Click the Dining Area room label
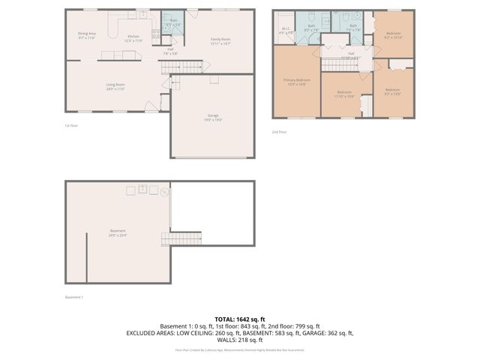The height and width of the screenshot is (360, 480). (87, 34)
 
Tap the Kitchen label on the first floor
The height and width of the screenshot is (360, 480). (133, 37)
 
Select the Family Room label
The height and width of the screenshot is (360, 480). (220, 40)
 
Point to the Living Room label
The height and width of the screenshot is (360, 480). (115, 86)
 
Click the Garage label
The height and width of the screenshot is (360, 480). (213, 117)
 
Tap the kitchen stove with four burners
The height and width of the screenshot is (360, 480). (155, 34)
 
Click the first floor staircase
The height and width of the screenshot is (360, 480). (183, 67)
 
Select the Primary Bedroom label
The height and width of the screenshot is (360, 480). (296, 81)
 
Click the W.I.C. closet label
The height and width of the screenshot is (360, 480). (286, 31)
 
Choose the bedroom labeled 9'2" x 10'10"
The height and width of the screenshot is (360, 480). (393, 34)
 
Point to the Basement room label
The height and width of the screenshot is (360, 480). (118, 232)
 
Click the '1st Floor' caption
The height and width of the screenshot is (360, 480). (71, 126)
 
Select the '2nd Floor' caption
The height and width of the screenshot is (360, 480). (278, 132)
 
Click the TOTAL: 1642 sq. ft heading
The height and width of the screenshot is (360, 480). (239, 319)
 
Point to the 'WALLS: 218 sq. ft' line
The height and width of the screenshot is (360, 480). (239, 339)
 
